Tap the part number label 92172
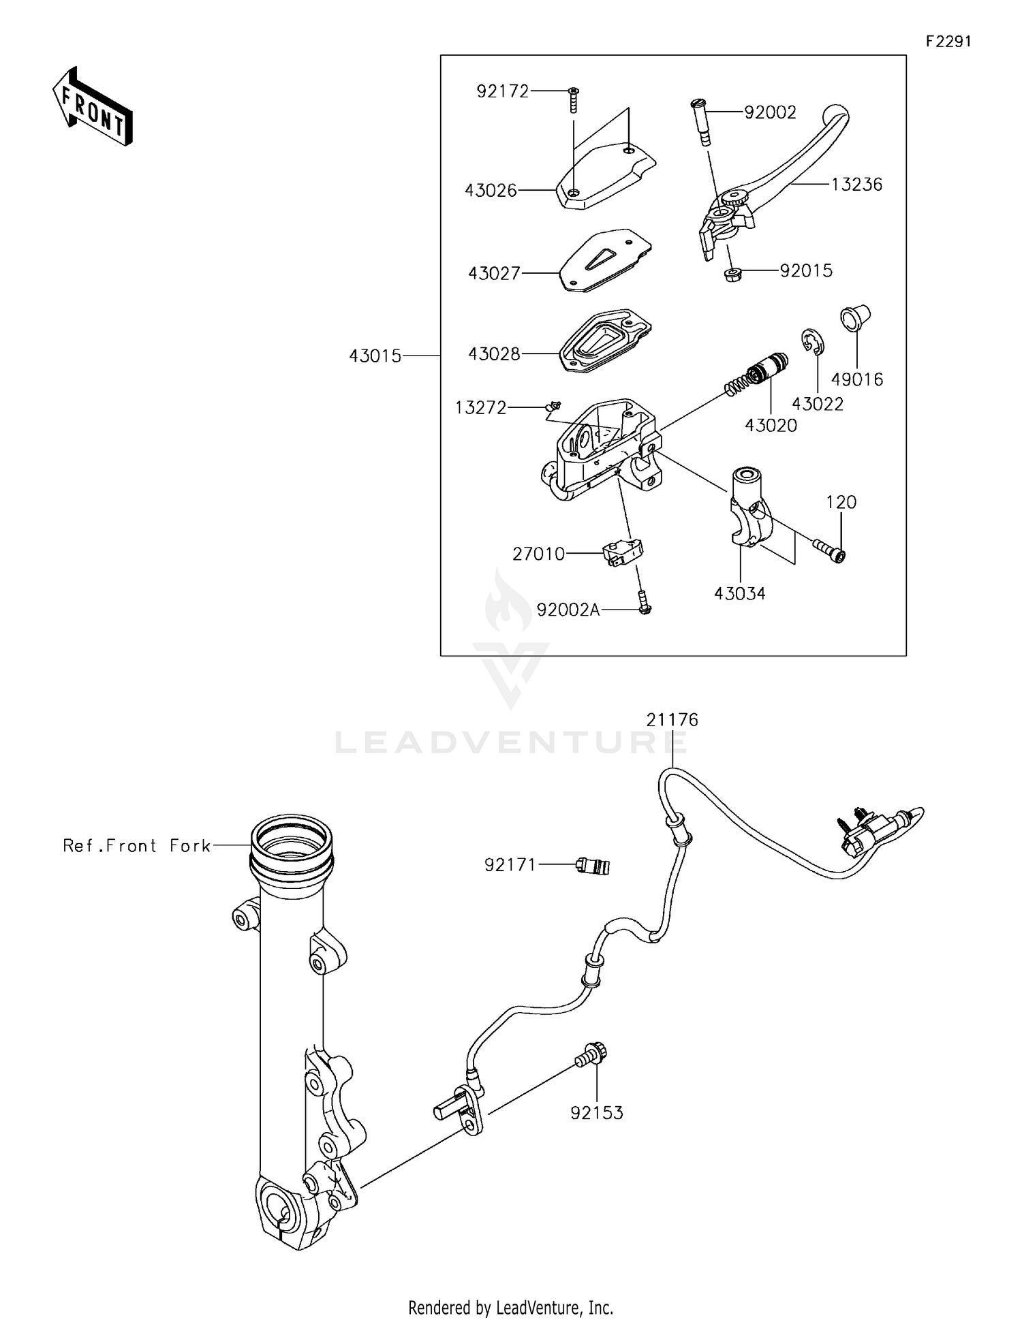502,91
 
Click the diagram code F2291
948,42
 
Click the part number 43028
494,354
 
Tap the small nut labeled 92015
732,275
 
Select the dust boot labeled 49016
855,319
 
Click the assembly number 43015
375,356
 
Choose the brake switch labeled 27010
623,552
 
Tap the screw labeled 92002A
645,603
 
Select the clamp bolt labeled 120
828,549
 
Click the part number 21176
672,720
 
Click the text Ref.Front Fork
136,846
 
